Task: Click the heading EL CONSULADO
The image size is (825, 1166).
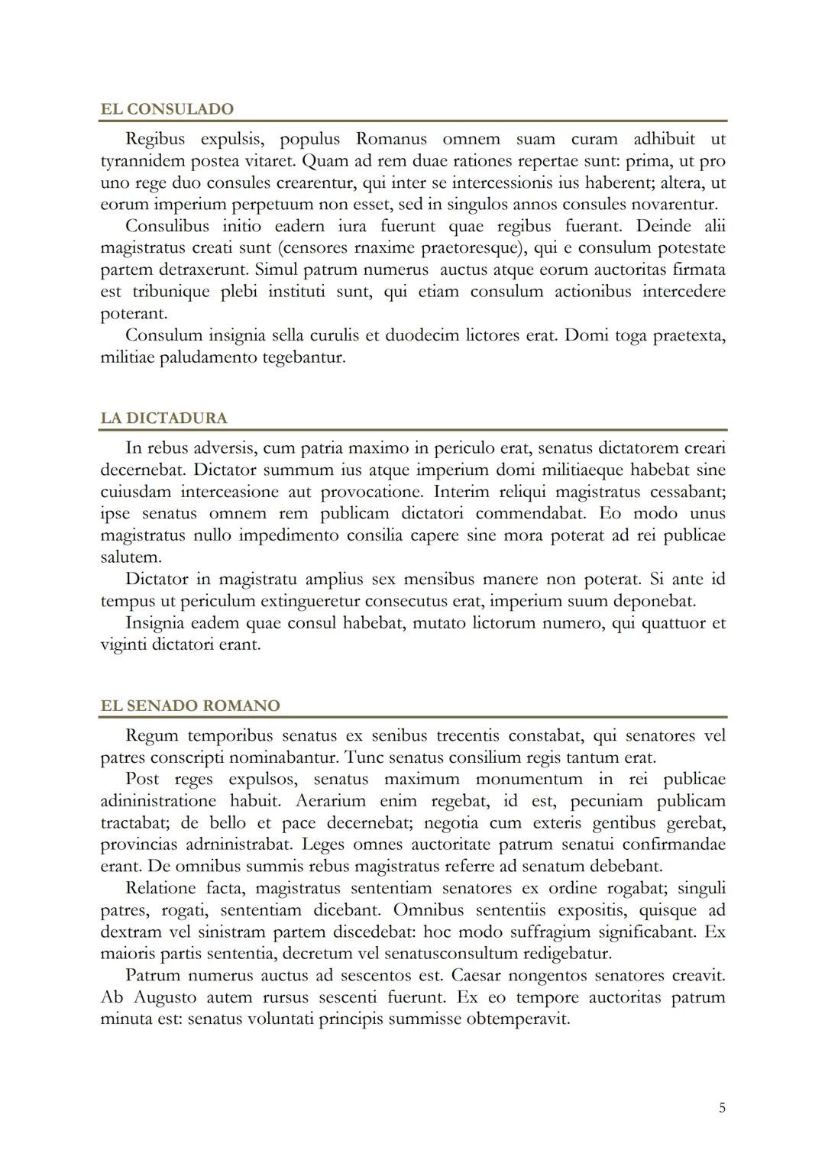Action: [167, 109]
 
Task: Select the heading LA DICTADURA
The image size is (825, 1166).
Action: [163, 418]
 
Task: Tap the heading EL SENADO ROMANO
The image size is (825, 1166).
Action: [190, 706]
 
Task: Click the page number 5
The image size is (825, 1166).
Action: [722, 1108]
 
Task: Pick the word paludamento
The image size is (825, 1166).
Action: [208, 357]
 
